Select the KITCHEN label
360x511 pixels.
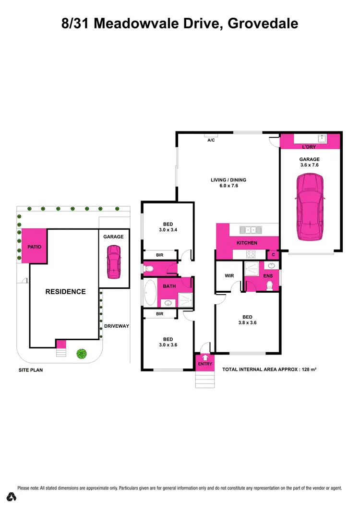[x=247, y=243]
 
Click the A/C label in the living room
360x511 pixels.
[x=211, y=141]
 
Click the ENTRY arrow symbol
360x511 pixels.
[x=205, y=357]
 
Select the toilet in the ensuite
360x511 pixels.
[x=269, y=285]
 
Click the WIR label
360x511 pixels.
[x=229, y=276]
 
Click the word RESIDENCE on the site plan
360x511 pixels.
[x=65, y=291]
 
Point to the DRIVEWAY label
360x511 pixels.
[x=117, y=326]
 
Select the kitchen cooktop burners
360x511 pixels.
[x=251, y=254]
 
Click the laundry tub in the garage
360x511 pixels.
[x=324, y=138]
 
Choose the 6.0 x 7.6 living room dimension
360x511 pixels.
[x=231, y=187]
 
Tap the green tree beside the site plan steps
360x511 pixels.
[x=82, y=354]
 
